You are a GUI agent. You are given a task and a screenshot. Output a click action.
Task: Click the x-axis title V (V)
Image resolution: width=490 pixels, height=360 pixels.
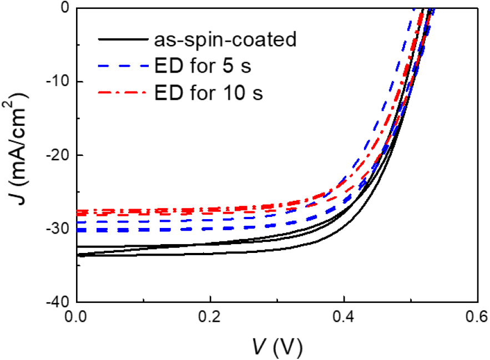(x=276, y=347)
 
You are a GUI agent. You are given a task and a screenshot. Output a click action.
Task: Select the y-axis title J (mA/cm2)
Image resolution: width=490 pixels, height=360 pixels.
(x=17, y=155)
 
